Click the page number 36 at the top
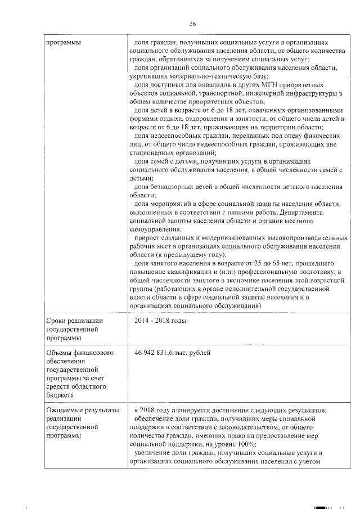coord(192,24)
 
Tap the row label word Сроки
coord(56,321)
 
